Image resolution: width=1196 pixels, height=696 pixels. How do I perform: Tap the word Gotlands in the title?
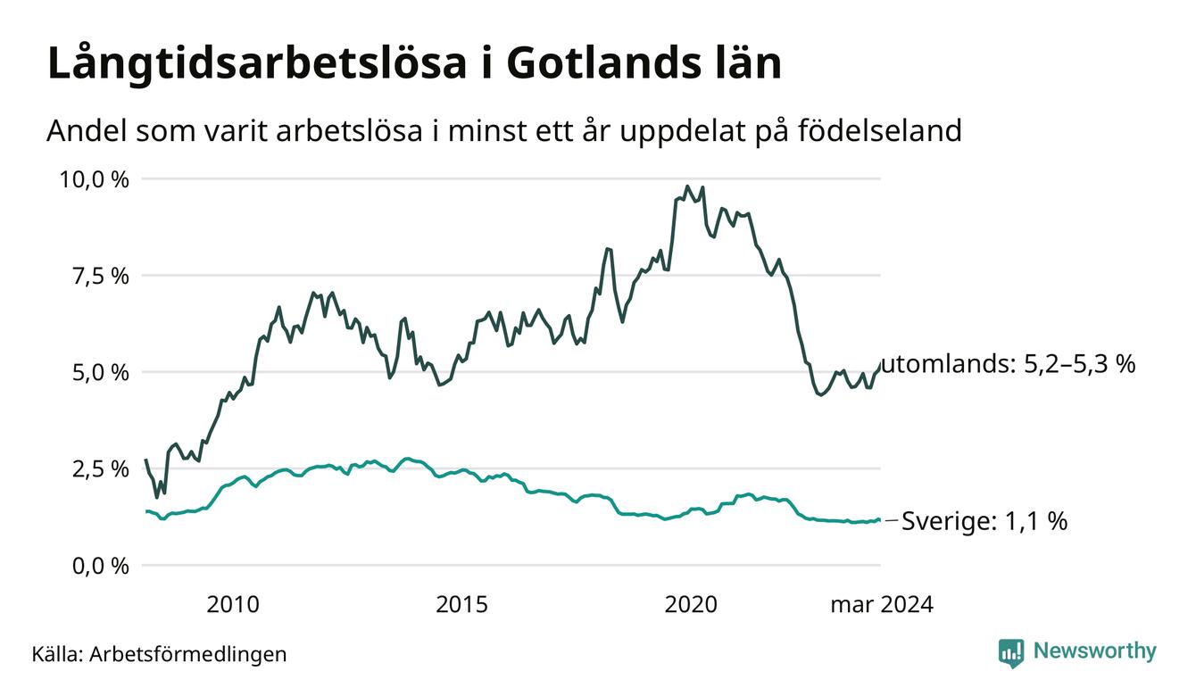click(x=602, y=63)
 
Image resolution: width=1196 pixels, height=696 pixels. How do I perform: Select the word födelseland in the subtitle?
click(x=880, y=130)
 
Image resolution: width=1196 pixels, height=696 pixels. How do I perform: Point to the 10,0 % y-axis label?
click(x=94, y=179)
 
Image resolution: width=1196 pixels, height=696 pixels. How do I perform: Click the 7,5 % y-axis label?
click(x=101, y=276)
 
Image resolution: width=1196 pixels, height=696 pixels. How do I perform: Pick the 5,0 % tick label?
click(x=101, y=373)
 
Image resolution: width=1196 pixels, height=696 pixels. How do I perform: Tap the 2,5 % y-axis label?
click(x=101, y=469)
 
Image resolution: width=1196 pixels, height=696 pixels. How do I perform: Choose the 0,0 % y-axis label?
click(x=101, y=566)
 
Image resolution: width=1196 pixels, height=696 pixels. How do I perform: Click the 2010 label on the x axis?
click(x=233, y=605)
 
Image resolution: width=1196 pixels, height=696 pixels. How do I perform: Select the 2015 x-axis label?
click(x=461, y=605)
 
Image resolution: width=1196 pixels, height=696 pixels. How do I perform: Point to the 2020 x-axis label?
click(x=691, y=605)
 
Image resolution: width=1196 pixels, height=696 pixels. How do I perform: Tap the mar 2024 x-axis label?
click(x=882, y=605)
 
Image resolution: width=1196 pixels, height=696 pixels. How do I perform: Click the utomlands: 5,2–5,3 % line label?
click(x=1009, y=364)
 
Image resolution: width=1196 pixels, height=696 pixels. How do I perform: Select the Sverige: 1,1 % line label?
click(x=984, y=521)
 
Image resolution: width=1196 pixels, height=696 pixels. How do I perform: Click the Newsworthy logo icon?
click(x=1011, y=653)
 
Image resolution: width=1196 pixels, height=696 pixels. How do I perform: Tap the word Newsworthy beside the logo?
click(x=1095, y=651)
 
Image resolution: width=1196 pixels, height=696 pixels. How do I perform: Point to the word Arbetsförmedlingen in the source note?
click(x=188, y=655)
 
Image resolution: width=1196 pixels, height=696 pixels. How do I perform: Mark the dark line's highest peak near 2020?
click(x=687, y=186)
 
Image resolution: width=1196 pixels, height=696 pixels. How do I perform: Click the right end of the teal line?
click(x=879, y=519)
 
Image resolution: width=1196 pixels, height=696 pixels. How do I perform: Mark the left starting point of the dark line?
click(x=146, y=460)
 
